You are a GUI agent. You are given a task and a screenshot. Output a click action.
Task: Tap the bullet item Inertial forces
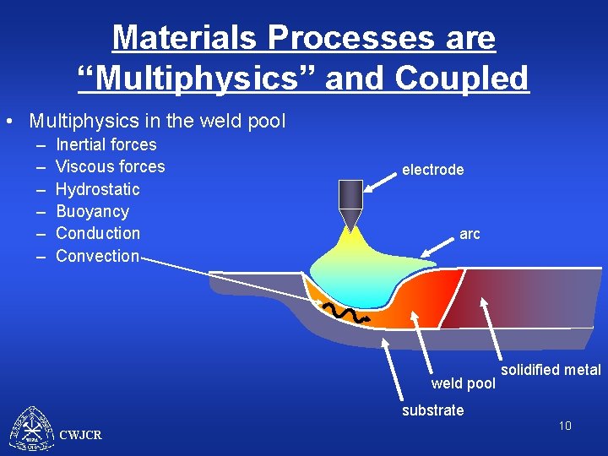(106, 144)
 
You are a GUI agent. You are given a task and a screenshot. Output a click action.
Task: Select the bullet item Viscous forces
(110, 166)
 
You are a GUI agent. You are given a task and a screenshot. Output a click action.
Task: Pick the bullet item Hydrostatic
(97, 189)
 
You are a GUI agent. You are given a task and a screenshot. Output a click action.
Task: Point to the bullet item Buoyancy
(92, 211)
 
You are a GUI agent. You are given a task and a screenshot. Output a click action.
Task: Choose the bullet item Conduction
(98, 233)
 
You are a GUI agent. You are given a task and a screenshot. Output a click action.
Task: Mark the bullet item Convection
(97, 256)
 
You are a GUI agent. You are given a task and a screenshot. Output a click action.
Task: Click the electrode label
(432, 170)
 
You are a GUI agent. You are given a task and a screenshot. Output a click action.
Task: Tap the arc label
(470, 234)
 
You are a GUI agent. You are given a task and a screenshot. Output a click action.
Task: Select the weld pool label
(463, 384)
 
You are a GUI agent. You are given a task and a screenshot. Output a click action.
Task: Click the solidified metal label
(551, 370)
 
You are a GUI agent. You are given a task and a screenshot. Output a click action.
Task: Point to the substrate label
(432, 410)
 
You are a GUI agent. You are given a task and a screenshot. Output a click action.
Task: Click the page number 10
(564, 426)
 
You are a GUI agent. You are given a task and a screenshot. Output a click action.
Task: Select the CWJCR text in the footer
(81, 435)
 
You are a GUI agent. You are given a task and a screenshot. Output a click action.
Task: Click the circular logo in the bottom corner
(31, 429)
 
